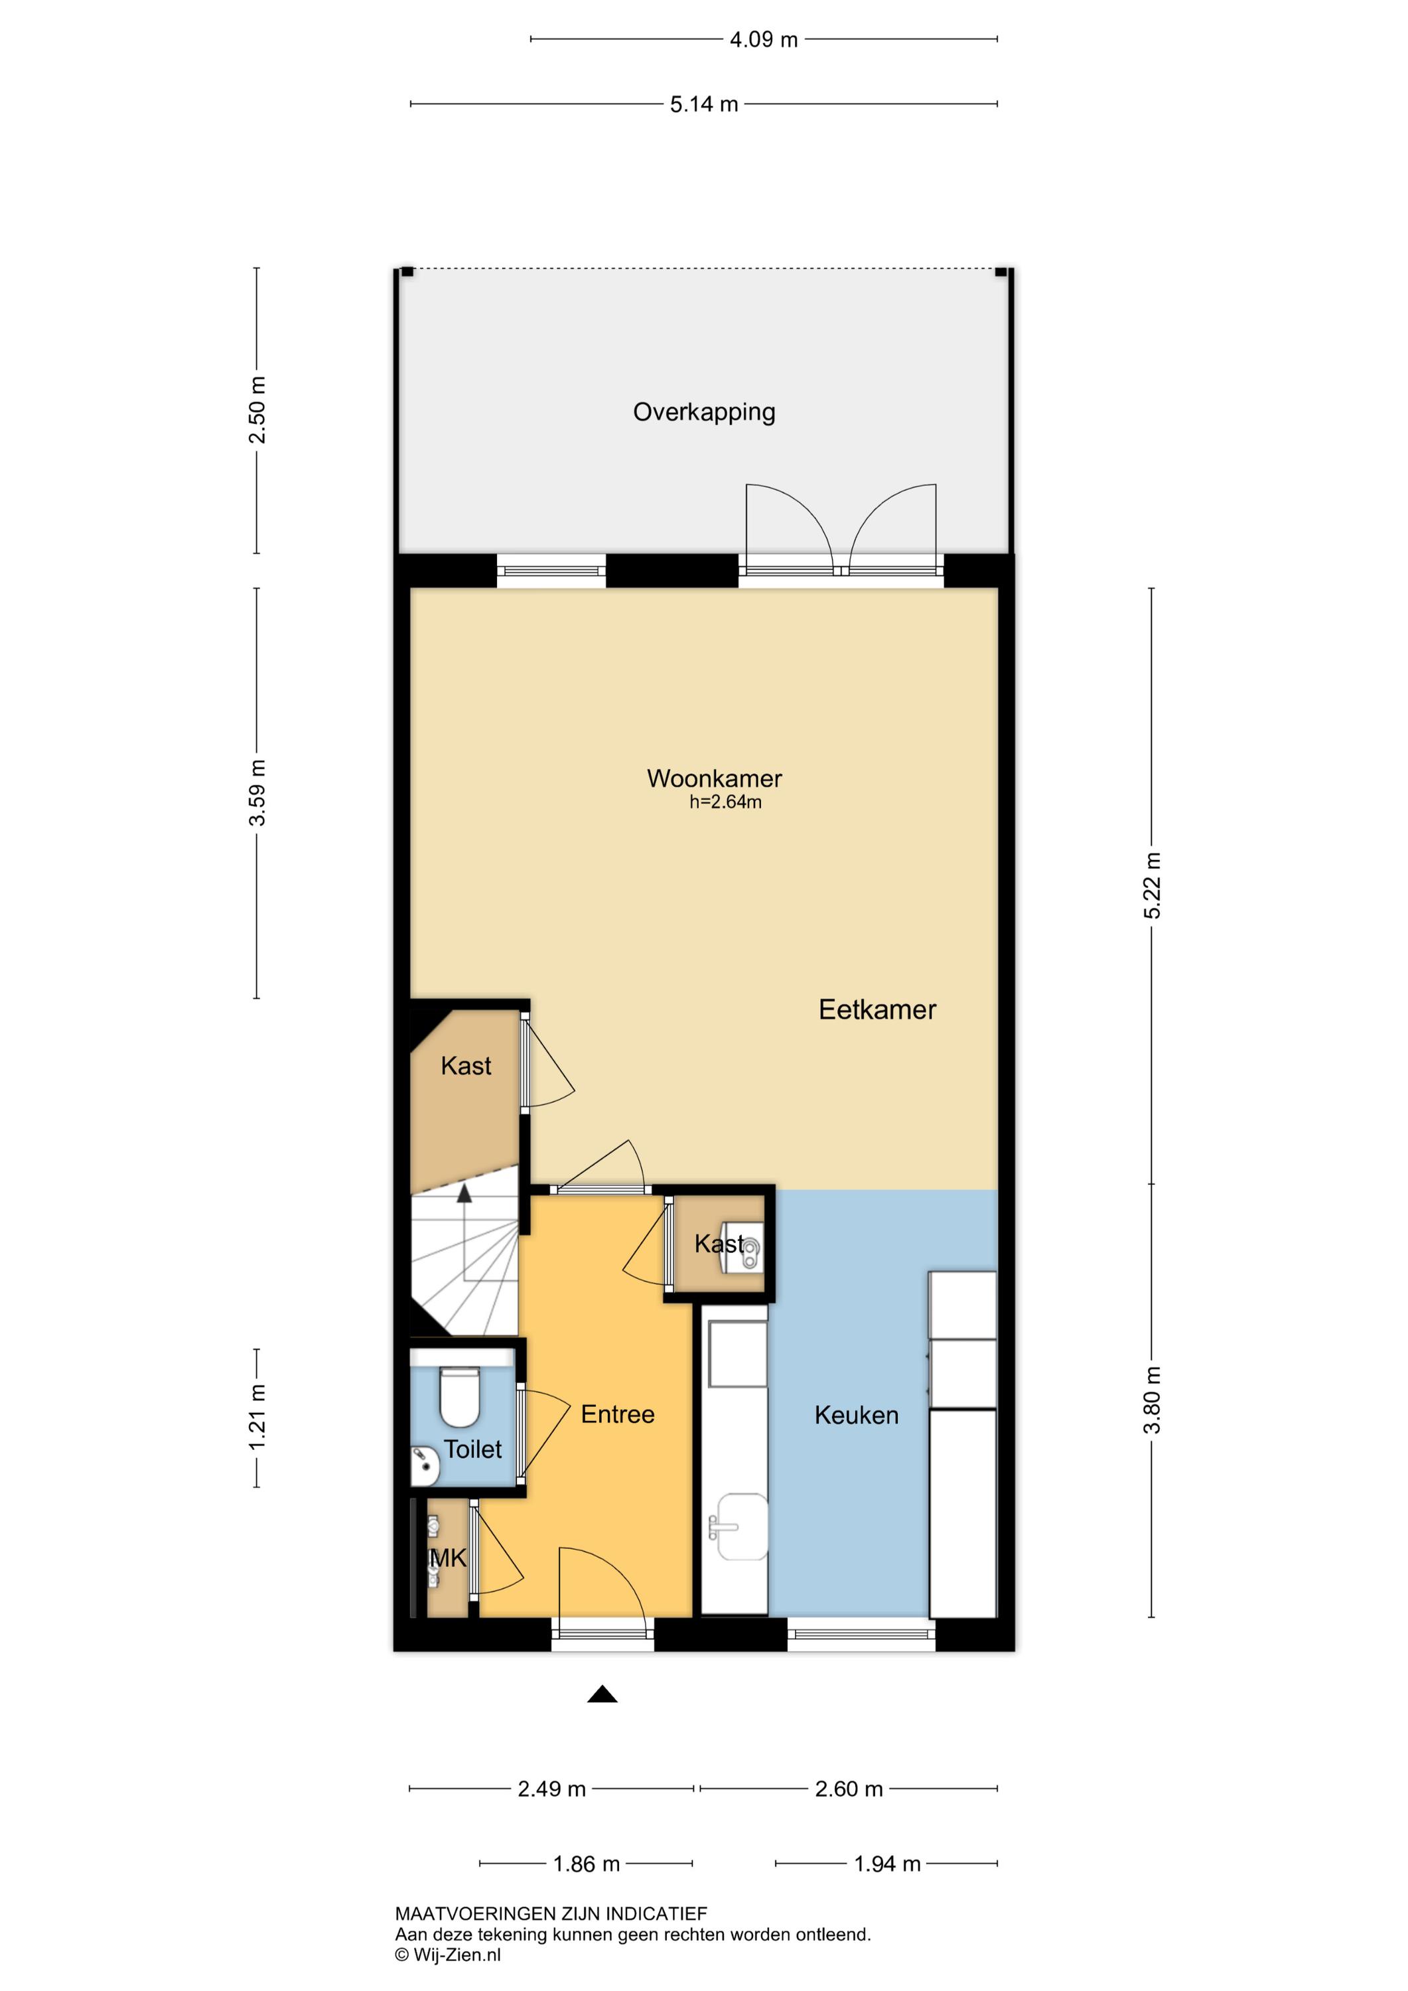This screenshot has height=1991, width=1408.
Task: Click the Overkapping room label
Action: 704,412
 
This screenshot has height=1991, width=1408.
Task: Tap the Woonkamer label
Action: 715,778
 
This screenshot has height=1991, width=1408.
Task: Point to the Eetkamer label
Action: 877,1009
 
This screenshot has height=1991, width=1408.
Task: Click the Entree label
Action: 617,1414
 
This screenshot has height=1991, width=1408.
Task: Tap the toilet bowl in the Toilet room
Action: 460,1397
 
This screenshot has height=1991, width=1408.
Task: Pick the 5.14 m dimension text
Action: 704,104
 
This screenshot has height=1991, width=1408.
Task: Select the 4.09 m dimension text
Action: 764,39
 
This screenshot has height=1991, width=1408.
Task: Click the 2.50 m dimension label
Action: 257,410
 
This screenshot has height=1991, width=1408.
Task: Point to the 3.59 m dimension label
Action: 257,792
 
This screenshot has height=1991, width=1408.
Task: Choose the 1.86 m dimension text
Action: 587,1864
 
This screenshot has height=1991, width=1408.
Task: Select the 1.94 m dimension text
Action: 887,1864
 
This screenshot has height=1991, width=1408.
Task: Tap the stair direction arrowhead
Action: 464,1193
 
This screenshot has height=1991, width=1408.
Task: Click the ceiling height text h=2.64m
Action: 726,802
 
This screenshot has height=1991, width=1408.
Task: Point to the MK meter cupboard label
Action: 449,1558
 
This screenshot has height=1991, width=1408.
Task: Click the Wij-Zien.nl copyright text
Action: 449,1954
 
